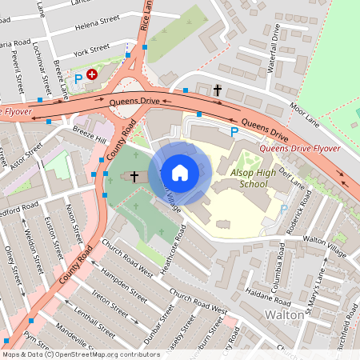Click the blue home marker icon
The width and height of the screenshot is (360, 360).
180,173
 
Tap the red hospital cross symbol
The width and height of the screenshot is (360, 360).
92,74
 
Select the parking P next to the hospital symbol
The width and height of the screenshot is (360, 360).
78,79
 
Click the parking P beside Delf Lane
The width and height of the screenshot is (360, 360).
284,210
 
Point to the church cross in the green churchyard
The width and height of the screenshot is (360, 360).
134,175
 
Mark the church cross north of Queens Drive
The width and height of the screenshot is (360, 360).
218,90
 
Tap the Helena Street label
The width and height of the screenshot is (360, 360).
97,26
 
